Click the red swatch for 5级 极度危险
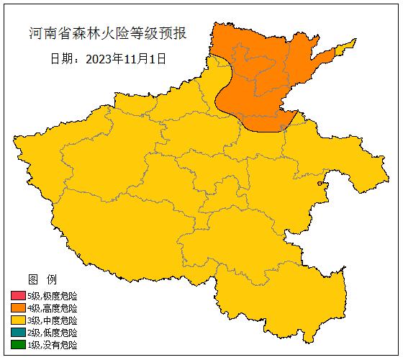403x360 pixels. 18,296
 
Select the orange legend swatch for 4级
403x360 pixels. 18,308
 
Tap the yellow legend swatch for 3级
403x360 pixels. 18,320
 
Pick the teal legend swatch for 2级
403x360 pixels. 18,333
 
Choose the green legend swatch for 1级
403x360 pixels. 18,345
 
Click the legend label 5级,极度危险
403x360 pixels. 52,296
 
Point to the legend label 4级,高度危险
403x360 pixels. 52,308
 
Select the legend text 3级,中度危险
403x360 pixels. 52,320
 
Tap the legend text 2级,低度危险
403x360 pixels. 52,333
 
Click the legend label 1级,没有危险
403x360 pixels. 52,345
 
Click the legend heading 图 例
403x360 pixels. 42,279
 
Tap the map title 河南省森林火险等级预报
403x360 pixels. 107,34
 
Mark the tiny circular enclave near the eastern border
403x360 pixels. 321,185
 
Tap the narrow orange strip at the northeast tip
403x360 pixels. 344,48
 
